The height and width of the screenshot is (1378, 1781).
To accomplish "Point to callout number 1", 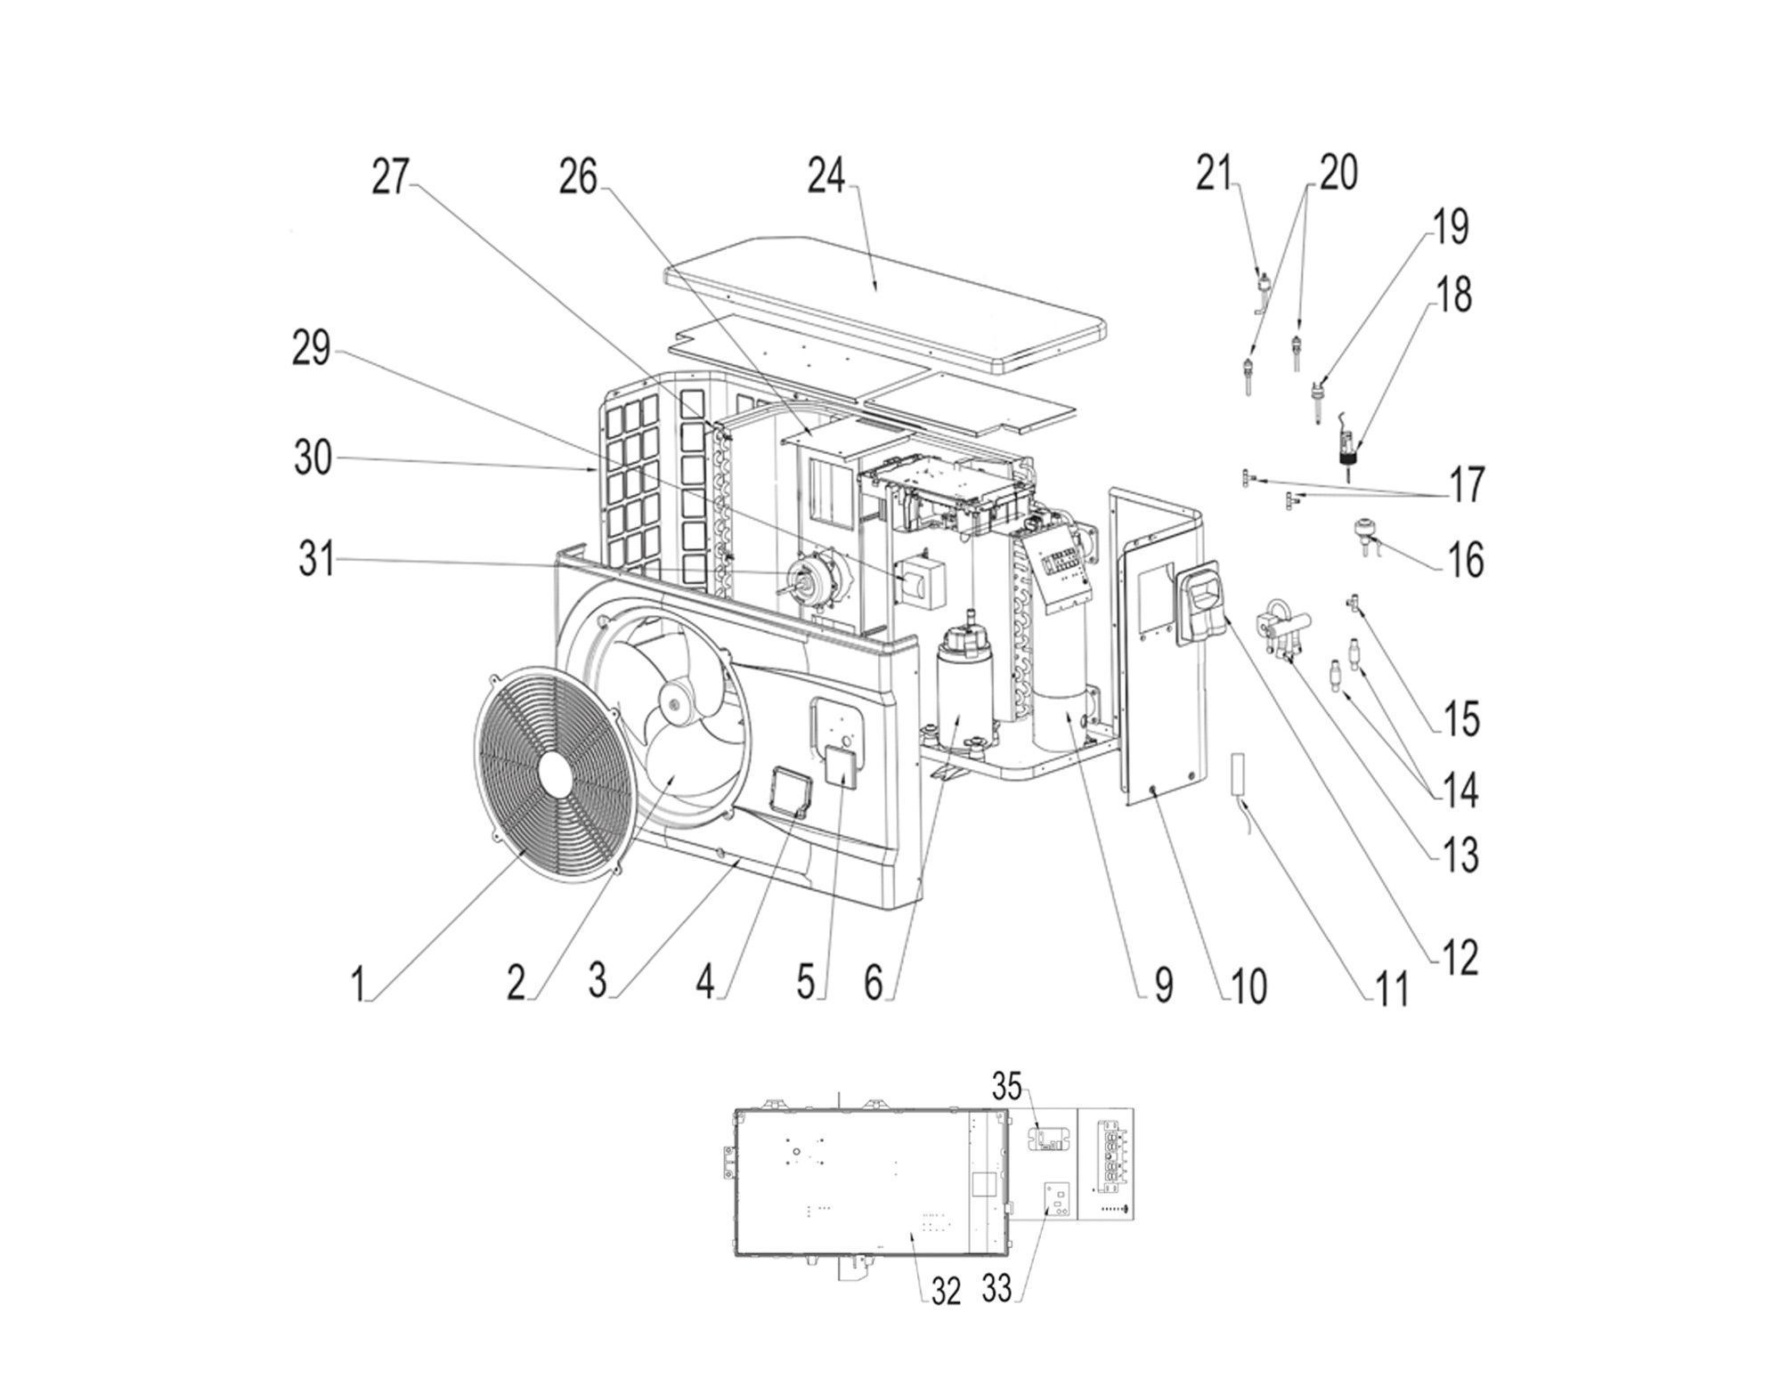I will (358, 985).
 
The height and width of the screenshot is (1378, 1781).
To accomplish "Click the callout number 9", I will (1163, 985).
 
